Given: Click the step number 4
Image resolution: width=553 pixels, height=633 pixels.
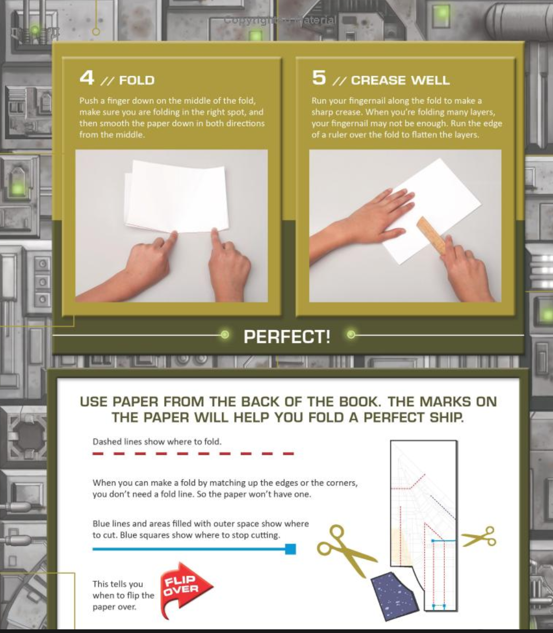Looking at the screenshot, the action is point(87,77).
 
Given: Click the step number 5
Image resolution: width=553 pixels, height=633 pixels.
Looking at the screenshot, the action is point(319,77).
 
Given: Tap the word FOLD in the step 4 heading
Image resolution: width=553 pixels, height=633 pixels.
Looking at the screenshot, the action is point(137,80).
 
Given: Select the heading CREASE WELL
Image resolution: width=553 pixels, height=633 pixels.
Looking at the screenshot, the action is point(400,80).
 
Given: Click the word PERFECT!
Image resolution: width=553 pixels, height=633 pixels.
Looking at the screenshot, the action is point(287,337).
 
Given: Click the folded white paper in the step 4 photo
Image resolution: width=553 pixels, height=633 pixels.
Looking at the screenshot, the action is point(176,196).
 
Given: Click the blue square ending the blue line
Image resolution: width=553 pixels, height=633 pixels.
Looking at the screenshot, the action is point(290,549).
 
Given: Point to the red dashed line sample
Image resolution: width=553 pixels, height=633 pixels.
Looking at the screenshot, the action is point(193,454).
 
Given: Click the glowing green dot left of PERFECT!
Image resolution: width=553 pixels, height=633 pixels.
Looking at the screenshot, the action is point(225,335).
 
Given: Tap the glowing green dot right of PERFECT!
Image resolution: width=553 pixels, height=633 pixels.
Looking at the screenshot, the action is point(351,335).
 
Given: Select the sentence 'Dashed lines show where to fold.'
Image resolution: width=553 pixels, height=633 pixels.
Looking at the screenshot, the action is point(157,442).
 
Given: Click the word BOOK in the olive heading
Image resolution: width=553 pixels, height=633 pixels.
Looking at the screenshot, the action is point(359,401).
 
